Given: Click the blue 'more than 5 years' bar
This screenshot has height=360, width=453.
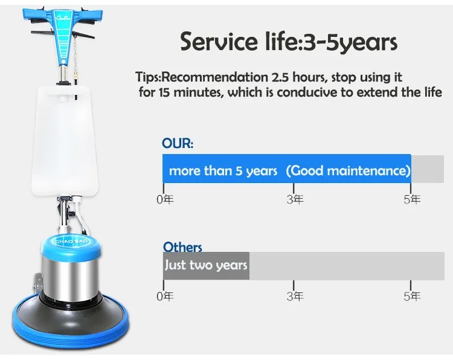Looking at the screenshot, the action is (x=286, y=169).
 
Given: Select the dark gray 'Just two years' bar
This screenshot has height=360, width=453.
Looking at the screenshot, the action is (x=206, y=266).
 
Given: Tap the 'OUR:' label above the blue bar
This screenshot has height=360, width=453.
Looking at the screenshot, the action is (x=178, y=143).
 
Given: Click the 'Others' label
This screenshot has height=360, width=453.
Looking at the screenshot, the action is (x=182, y=246).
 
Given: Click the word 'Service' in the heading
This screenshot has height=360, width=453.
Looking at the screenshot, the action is (x=219, y=42).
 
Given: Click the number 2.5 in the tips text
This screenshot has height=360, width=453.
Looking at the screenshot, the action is (x=280, y=77).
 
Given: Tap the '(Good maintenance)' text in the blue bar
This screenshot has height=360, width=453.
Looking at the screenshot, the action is (x=348, y=171).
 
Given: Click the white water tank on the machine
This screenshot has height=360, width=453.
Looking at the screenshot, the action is (x=64, y=140).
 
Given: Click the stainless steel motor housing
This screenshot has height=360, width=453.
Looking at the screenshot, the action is (x=71, y=277).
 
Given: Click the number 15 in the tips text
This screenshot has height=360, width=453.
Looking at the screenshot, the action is (x=164, y=92).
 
